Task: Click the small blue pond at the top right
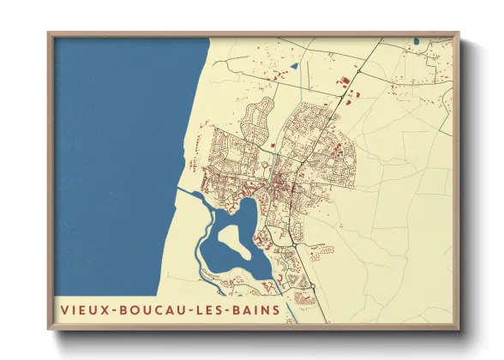(415, 40)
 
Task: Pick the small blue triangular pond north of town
(294, 65)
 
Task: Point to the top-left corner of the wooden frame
(49, 33)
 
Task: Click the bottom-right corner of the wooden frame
(459, 329)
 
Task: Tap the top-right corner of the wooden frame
(459, 33)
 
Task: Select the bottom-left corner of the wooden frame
(49, 329)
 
